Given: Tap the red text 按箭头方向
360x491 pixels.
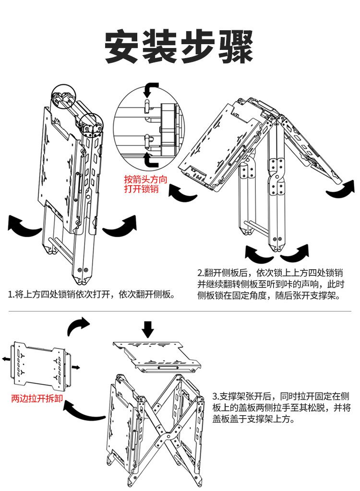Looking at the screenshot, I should [145, 179].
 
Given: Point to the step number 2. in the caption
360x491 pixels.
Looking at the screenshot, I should [201, 272].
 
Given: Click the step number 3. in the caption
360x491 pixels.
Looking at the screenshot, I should [216, 397].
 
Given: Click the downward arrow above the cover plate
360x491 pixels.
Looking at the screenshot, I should [148, 330].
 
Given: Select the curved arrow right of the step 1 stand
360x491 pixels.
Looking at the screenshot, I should [120, 226].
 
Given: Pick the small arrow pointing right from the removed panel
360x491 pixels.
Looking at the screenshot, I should [75, 367].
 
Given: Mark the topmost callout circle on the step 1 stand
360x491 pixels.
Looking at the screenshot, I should [63, 95].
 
